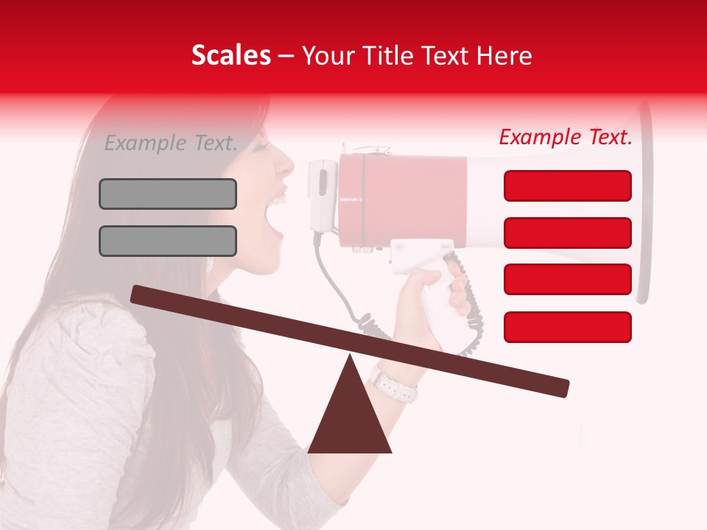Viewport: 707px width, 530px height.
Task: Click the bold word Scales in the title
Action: tap(231, 56)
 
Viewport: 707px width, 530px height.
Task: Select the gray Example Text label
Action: tap(171, 143)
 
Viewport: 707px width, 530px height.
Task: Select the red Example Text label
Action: tap(566, 137)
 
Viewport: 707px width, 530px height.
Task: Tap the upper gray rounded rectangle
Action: tap(168, 194)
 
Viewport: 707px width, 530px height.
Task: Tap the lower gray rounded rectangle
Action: tap(168, 241)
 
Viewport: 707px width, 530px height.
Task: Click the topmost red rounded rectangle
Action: tap(568, 185)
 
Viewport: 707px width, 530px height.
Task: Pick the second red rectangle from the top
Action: tap(568, 233)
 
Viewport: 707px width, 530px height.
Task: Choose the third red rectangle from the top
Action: tap(568, 279)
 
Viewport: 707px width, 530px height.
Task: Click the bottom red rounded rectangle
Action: tap(568, 327)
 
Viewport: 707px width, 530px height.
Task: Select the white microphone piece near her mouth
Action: tap(322, 195)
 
